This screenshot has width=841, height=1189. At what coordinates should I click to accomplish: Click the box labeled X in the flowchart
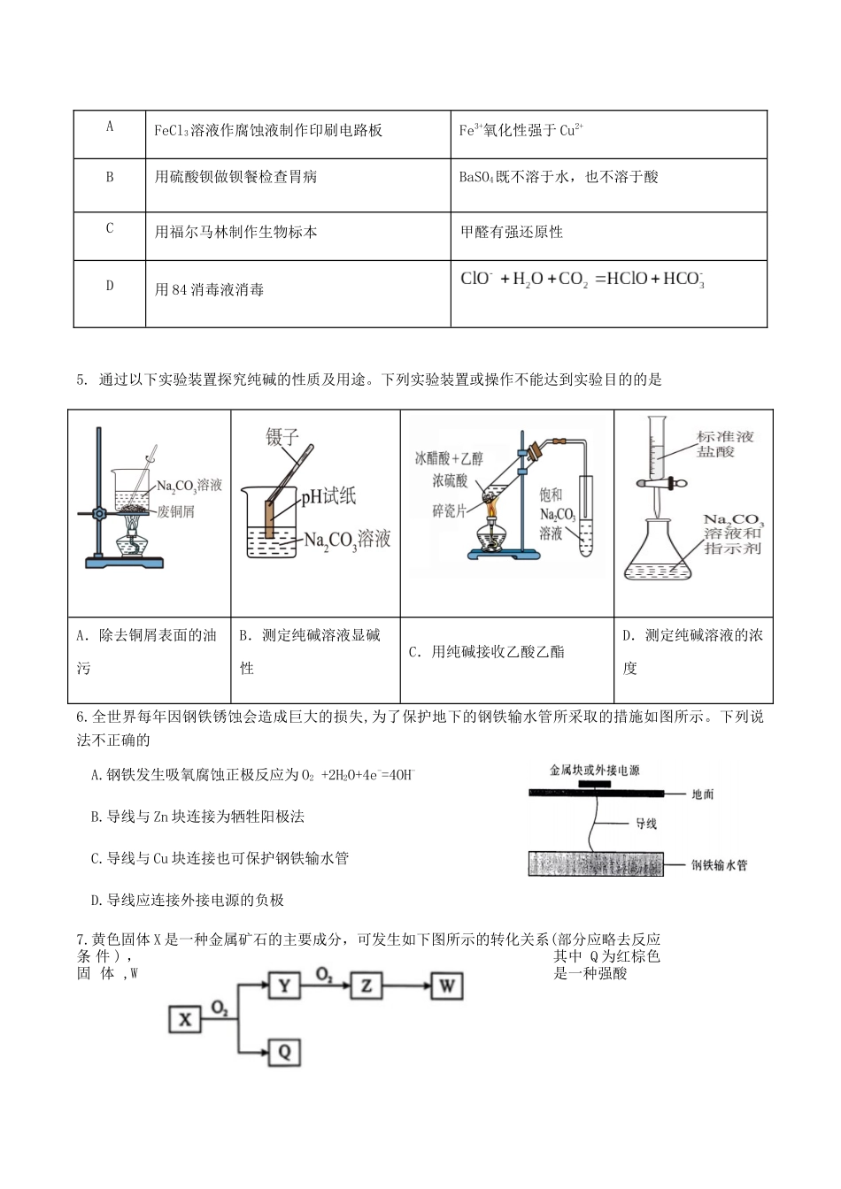coord(184,1019)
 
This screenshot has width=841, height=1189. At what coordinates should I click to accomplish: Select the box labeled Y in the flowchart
coord(284,986)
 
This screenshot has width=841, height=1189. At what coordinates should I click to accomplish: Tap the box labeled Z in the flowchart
coord(366,986)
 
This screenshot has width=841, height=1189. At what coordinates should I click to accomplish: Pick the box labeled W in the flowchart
coord(446,986)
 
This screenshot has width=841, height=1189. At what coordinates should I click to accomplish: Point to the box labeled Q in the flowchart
coord(284,1051)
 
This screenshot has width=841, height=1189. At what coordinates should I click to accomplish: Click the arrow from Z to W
coord(406,986)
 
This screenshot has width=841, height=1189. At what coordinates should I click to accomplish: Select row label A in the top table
coord(110,127)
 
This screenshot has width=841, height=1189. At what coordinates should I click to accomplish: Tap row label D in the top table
coord(110,285)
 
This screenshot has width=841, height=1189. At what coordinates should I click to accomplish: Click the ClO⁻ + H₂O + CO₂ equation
coord(582,280)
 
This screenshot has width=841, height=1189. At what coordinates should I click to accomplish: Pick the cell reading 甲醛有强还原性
coord(511,232)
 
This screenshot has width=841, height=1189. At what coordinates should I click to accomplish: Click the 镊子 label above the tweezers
coord(283,437)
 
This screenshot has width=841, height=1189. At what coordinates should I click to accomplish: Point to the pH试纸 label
coord(328,496)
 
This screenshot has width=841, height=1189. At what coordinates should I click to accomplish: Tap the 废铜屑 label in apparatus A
coord(176,512)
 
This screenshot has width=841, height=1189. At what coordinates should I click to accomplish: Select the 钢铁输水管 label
coord(719,864)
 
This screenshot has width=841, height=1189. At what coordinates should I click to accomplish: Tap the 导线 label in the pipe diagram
coord(645,824)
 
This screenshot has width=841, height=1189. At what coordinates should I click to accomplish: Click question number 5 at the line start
coord(81,380)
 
